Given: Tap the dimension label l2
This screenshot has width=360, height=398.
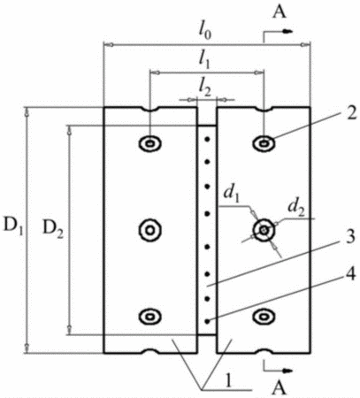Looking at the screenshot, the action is (x=205, y=88).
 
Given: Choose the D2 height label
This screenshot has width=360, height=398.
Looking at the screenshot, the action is (x=53, y=228).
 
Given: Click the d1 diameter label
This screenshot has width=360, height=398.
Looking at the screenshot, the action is (x=231, y=194).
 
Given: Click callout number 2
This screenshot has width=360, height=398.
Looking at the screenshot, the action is (x=350, y=114).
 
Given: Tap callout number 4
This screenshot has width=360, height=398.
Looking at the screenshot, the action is (x=350, y=275).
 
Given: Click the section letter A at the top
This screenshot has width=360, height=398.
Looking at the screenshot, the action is (x=280, y=11).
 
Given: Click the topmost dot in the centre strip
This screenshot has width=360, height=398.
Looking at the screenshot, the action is (x=207, y=139).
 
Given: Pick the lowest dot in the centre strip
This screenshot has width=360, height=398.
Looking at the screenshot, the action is (x=207, y=321).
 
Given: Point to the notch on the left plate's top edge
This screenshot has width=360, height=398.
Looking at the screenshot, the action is (x=150, y=109).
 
